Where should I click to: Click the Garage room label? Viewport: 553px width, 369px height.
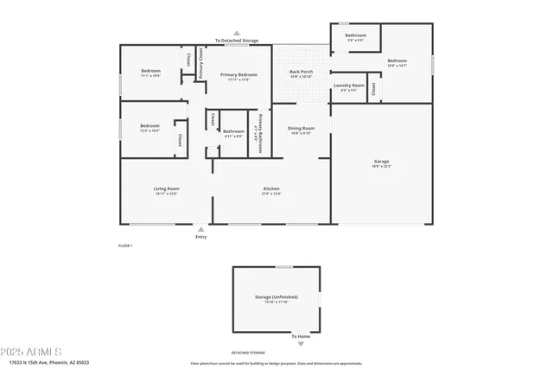tap(381, 162)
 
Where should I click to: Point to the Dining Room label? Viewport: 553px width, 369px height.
tap(302, 129)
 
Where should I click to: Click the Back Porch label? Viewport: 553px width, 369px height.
tap(301, 72)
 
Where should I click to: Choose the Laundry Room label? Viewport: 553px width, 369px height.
tap(348, 86)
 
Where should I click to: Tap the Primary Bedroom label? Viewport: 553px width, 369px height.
tap(238, 74)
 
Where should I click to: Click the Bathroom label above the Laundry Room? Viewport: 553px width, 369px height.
tap(356, 35)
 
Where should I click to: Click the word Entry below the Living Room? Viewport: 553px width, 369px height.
tap(201, 236)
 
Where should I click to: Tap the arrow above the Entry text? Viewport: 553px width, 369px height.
tap(201, 228)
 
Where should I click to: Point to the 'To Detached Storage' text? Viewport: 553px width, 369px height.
tap(237, 41)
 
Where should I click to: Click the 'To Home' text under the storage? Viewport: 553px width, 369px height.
tap(300, 336)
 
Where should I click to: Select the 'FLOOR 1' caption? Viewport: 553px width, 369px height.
tap(125, 246)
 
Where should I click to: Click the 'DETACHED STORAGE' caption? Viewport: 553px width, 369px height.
tap(248, 353)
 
